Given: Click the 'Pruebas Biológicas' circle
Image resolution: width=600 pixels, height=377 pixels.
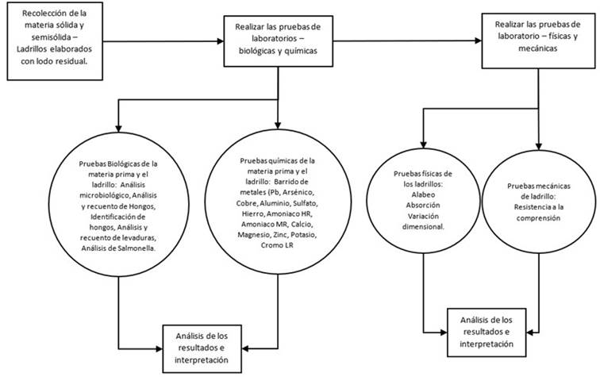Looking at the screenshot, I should (118, 206).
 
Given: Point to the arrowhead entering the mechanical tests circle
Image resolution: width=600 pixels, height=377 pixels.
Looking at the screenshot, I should (540, 146).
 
